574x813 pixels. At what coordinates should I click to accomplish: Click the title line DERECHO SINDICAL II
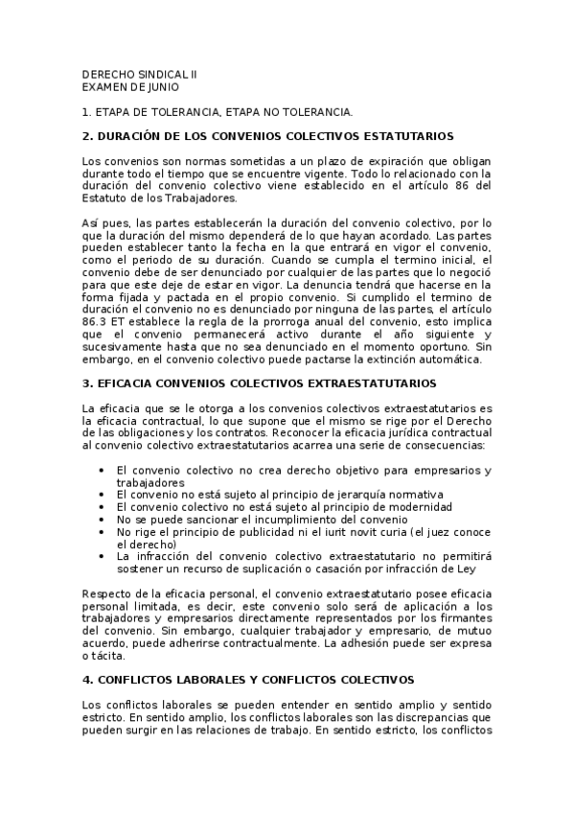pos(140,73)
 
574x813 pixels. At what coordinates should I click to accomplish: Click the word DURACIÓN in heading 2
pos(132,136)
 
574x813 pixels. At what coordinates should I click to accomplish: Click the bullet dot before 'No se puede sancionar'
pos(102,519)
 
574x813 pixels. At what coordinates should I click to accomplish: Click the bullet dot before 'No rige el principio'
pos(102,531)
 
